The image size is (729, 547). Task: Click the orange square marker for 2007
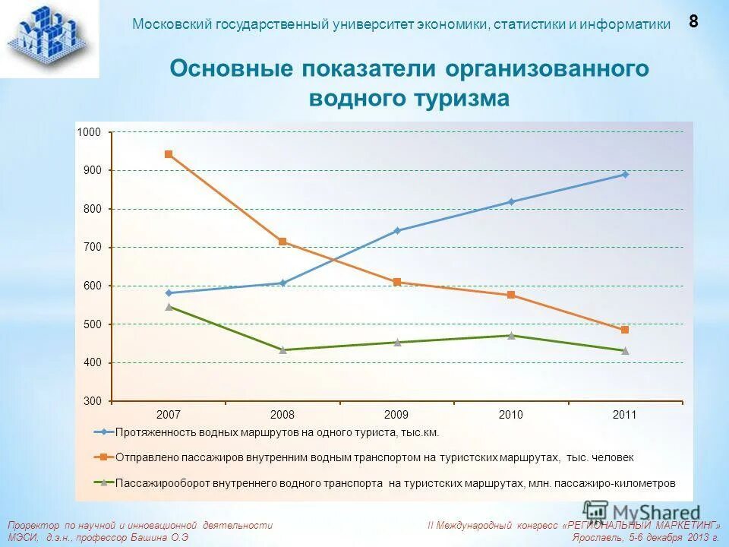pos(169,154)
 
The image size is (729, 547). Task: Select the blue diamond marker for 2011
pos(625,174)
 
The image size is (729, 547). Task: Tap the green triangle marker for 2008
pos(282,349)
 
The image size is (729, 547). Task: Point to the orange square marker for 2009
pos(397,282)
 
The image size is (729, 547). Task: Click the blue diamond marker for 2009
pos(397,230)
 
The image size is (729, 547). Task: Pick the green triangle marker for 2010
pos(511,335)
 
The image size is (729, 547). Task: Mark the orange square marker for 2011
pos(625,330)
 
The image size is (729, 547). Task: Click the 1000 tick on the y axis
pos(89,132)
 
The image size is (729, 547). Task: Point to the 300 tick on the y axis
pos(92,400)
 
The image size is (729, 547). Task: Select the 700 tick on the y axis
pos(92,247)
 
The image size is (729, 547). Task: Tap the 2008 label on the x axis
pos(282,415)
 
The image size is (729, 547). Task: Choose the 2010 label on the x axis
pos(511,415)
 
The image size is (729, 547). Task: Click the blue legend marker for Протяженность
pos(103,432)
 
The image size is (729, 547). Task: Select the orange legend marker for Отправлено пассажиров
pos(103,457)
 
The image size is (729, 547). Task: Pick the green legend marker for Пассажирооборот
pos(103,482)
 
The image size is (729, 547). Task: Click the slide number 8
pos(693,21)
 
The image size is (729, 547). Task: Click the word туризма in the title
pos(461,100)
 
